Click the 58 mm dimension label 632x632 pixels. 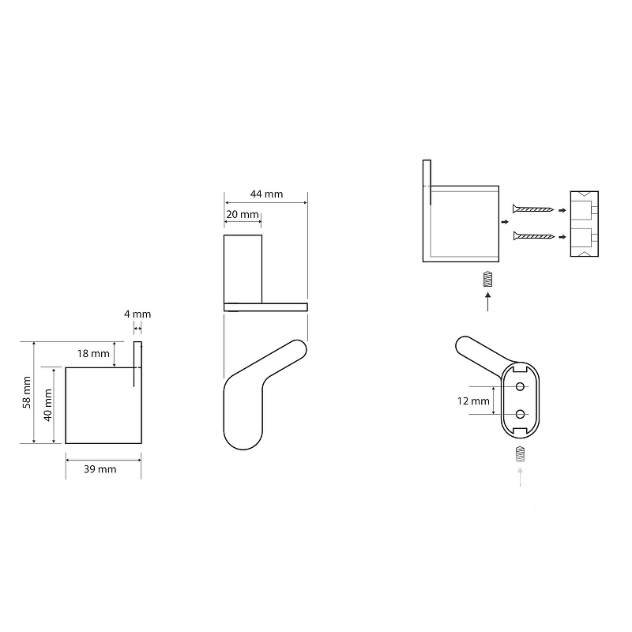tap(27, 392)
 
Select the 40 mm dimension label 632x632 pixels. tap(48, 405)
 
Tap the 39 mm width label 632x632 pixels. tap(100, 469)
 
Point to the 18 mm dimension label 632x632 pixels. tap(93, 353)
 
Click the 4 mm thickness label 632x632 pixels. tap(137, 314)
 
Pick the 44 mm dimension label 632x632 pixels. tap(266, 194)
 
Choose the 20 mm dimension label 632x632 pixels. tap(243, 214)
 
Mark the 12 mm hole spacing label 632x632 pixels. tap(473, 401)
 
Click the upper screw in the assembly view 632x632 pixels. tap(532, 209)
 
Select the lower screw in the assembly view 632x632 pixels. tap(534, 235)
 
